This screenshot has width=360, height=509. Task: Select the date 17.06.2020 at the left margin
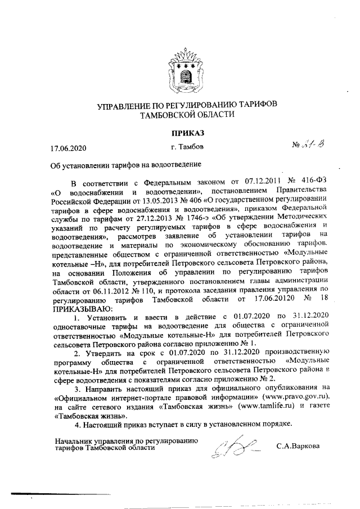(x=68, y=148)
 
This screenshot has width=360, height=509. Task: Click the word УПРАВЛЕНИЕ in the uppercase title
(x=125, y=106)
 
